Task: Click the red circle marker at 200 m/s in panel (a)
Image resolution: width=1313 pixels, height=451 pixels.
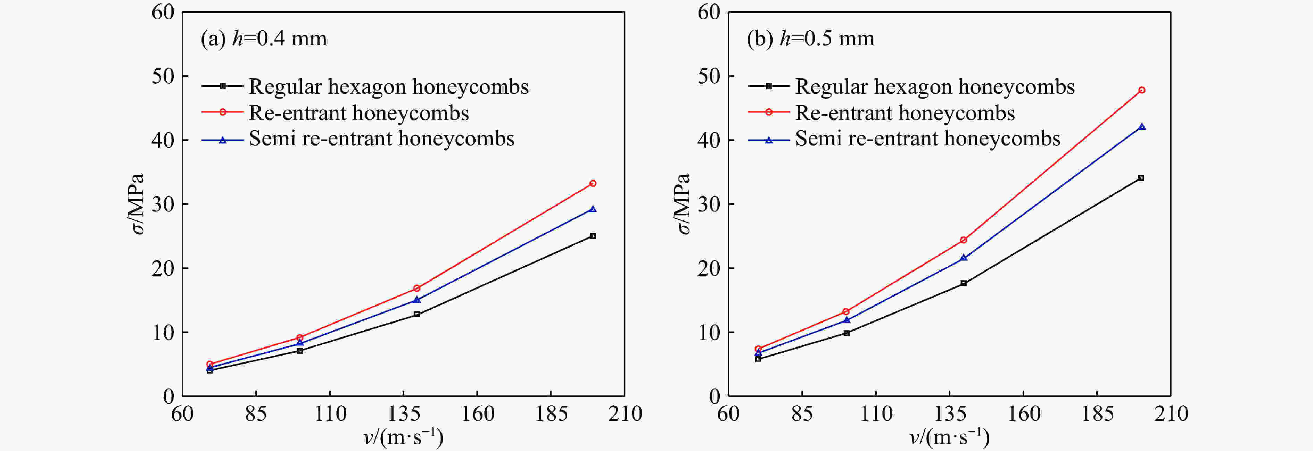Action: (592, 183)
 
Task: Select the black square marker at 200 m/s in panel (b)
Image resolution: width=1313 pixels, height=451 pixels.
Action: (1141, 178)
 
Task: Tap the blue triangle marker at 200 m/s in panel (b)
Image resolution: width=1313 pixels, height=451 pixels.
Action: (1142, 126)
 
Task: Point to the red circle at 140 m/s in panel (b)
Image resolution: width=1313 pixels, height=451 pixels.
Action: (963, 240)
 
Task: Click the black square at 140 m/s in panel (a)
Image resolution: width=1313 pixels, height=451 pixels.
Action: (416, 315)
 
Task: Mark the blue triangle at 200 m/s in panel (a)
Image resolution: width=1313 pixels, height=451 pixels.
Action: (592, 209)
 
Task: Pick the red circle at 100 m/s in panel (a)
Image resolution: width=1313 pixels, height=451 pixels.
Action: (300, 337)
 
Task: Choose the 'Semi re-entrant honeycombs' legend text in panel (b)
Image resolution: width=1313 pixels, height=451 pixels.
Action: (928, 139)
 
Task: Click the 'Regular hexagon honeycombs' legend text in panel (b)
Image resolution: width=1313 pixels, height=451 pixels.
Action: (935, 87)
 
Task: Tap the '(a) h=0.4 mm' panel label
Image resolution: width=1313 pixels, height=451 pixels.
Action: (264, 39)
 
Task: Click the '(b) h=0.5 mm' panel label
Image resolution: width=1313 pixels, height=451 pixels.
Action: (810, 39)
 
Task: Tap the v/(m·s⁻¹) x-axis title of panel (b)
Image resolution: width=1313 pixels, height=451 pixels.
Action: (949, 437)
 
